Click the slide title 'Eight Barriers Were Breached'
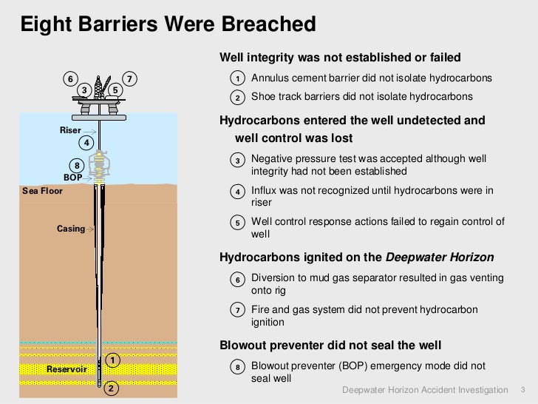(x=168, y=25)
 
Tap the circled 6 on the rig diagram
(x=70, y=79)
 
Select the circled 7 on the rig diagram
(x=130, y=79)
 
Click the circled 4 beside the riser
(x=86, y=142)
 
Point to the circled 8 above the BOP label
(x=75, y=165)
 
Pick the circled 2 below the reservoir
(x=111, y=388)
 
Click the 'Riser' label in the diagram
(x=70, y=130)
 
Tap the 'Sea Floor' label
(x=43, y=191)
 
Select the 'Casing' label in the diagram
(x=71, y=229)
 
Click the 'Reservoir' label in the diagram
(x=67, y=368)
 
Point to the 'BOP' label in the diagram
(x=72, y=178)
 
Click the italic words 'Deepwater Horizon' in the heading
(x=440, y=257)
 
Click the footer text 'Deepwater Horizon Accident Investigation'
(x=426, y=390)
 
